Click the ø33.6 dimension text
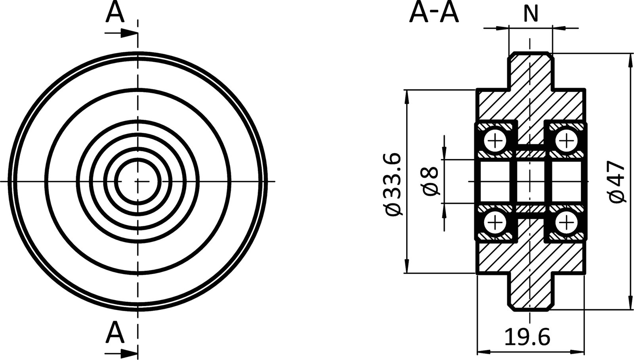(394, 185)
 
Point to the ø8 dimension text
(430, 181)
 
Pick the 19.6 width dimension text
(527, 338)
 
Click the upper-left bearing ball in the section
(495, 140)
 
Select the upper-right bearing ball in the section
(566, 140)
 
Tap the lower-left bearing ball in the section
(495, 222)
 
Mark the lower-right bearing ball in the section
(566, 222)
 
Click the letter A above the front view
(115, 13)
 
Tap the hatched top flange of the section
(530, 71)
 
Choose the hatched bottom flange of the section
(530, 291)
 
